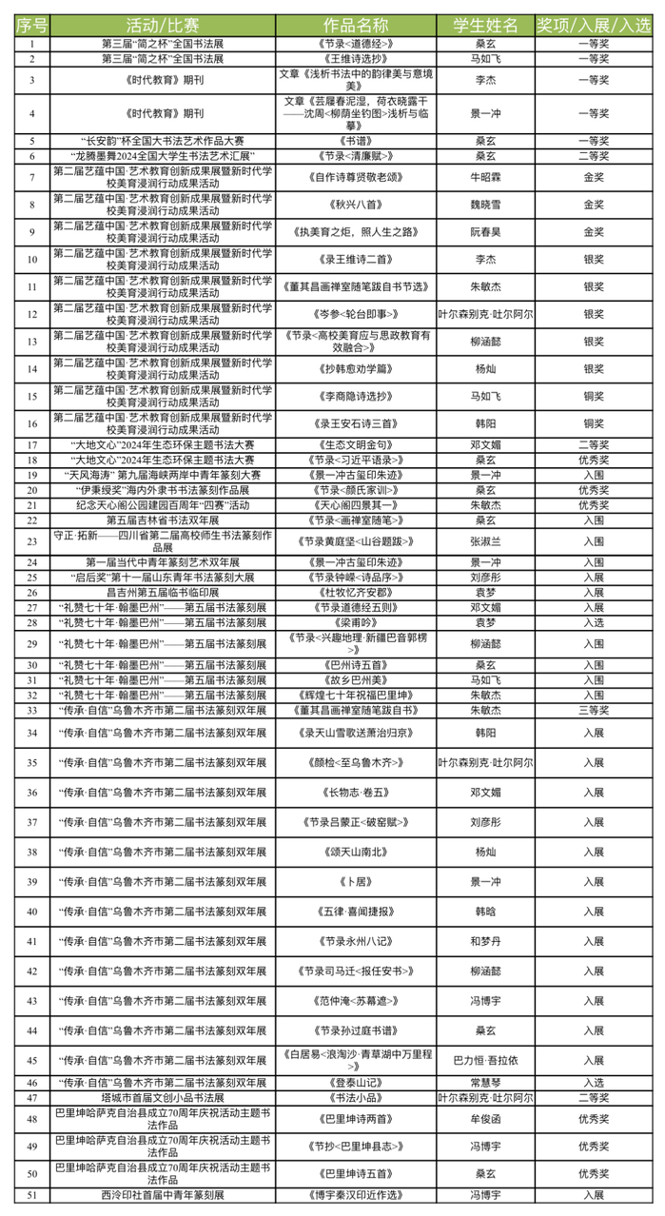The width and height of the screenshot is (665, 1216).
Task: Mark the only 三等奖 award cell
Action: click(594, 710)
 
